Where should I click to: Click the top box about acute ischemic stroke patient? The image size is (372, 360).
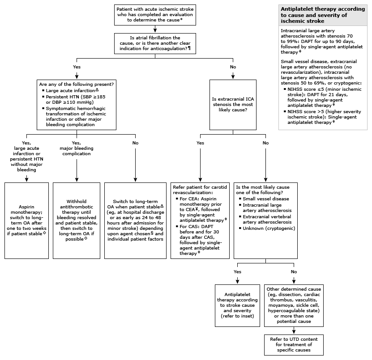[x=154, y=14]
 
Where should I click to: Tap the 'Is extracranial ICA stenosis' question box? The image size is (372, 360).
[x=232, y=105]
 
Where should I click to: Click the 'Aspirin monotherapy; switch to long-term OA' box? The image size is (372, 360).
[x=26, y=220]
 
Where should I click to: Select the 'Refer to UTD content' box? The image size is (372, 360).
[x=294, y=344]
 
